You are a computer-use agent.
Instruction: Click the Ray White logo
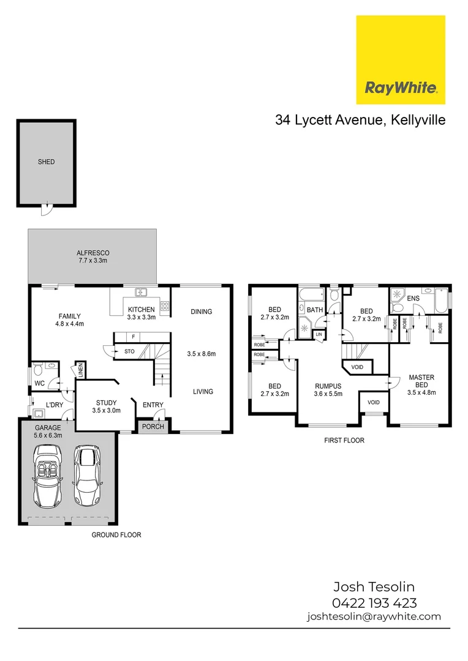click(401, 60)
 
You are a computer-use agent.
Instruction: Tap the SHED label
click(46, 162)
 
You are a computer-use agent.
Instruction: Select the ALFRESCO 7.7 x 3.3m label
click(93, 257)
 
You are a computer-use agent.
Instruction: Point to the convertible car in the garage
click(47, 477)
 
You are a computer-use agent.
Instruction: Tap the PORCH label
click(153, 427)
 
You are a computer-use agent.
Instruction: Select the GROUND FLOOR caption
click(116, 535)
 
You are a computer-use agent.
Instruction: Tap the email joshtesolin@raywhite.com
click(374, 617)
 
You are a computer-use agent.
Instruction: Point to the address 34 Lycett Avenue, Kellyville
click(360, 121)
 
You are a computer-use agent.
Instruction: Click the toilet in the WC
click(39, 368)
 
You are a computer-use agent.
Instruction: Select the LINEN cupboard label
click(80, 371)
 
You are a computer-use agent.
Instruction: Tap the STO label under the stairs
click(129, 351)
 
